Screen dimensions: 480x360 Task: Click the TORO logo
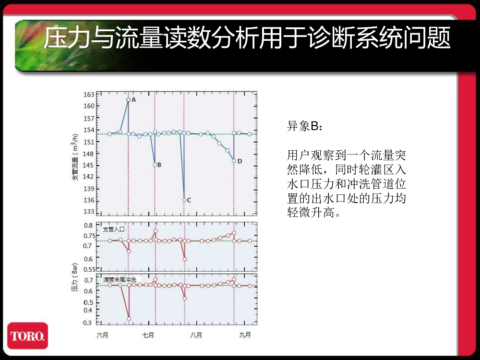click(x=27, y=336)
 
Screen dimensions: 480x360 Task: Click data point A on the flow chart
click(x=129, y=100)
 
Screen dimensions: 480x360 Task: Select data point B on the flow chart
click(x=155, y=165)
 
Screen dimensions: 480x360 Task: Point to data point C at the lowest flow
click(x=184, y=200)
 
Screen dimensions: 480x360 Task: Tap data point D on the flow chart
click(x=234, y=161)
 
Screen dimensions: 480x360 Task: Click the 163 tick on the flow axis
click(x=89, y=95)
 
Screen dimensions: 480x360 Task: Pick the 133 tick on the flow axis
click(x=89, y=212)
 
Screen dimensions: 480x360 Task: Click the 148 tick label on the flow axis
click(x=89, y=154)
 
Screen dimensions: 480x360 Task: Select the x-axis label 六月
click(x=102, y=335)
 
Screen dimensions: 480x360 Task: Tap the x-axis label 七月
click(x=148, y=335)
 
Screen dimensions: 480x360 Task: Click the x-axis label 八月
click(x=196, y=335)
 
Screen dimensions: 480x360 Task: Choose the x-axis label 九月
click(x=245, y=335)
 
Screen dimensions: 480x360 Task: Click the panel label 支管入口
click(x=114, y=229)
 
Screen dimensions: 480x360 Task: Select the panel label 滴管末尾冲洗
click(x=120, y=279)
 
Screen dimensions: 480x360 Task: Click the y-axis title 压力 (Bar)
click(x=75, y=277)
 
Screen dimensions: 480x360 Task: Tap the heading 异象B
click(x=304, y=126)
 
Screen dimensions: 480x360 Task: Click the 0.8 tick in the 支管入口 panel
click(x=88, y=225)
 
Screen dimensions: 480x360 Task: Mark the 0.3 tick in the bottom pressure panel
click(x=88, y=323)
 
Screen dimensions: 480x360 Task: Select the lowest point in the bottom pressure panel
click(x=129, y=319)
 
